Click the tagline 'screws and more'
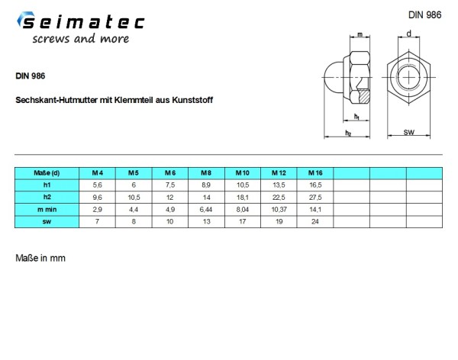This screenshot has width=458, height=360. click(x=81, y=39)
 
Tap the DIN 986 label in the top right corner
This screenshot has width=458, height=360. click(x=424, y=15)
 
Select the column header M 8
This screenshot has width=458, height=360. click(x=206, y=173)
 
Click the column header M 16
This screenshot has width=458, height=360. click(x=315, y=173)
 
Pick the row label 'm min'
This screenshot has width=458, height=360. click(x=47, y=209)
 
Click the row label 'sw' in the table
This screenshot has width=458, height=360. click(x=47, y=222)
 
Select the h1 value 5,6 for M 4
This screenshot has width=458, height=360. click(x=97, y=185)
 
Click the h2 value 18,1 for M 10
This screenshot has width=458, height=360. click(x=243, y=198)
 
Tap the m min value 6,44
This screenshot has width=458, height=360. click(x=206, y=210)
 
